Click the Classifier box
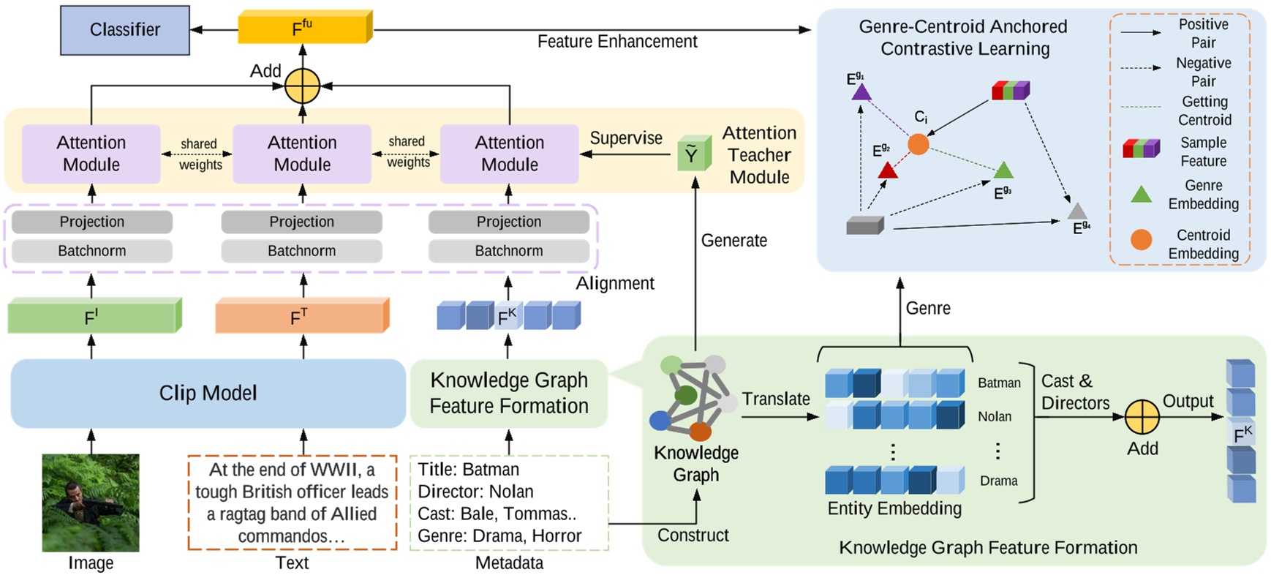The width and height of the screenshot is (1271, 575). coord(125,30)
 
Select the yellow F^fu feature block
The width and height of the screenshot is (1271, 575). coord(303,29)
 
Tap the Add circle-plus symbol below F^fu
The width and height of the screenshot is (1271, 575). coord(302,86)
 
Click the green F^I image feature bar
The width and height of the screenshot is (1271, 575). coord(93,317)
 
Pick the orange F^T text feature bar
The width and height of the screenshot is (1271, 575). coord(301,316)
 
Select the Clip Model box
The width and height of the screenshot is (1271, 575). coord(208,393)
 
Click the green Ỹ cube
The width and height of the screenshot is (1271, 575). coord(693,154)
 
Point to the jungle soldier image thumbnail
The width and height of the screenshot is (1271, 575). coord(91,503)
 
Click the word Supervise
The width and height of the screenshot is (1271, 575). coord(626,138)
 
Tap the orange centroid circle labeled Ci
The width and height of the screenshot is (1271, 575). coord(918,144)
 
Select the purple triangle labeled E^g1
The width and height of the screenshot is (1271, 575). coord(861,92)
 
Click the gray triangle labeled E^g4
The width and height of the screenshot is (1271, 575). coord(1076,211)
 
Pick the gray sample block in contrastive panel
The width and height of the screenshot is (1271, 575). coord(864,225)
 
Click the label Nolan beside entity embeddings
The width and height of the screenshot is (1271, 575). coord(995,416)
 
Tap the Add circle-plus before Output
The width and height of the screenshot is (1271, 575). coord(1142,418)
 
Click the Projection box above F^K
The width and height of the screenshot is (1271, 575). coord(509,222)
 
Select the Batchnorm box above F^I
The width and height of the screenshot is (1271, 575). coord(92,251)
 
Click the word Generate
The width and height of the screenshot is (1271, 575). coord(733,241)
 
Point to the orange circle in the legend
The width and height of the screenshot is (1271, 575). coord(1141,239)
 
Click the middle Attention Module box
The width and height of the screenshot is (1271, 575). coord(302,154)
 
